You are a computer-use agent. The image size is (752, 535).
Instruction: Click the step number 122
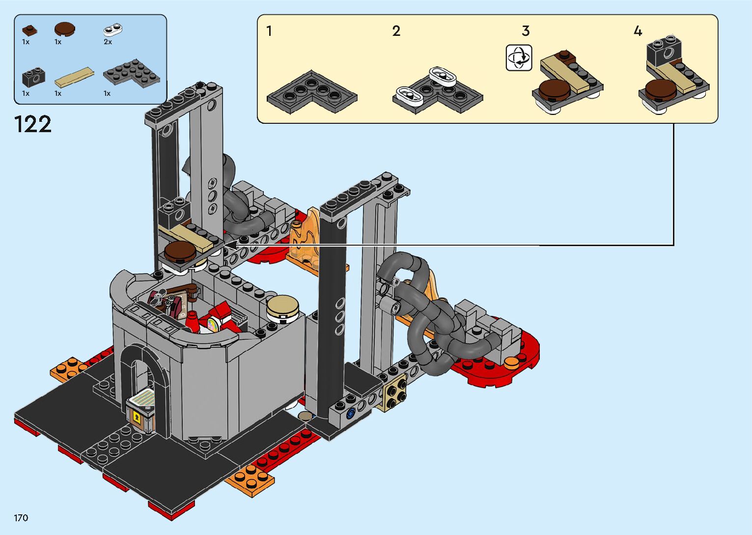[x=33, y=124]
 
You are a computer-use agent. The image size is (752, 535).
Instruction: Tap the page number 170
[x=21, y=518]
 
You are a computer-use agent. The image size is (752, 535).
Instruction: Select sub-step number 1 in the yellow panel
[x=269, y=31]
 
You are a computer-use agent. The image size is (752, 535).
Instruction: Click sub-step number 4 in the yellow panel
[x=638, y=31]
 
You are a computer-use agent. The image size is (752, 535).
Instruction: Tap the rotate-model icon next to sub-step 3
[x=519, y=58]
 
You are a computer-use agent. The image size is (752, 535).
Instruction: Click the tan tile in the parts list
[x=74, y=77]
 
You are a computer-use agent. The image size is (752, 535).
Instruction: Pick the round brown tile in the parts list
[x=64, y=29]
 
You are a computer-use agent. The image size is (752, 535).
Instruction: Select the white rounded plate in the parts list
[x=113, y=29]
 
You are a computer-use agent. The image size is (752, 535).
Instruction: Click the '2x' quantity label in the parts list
[x=108, y=42]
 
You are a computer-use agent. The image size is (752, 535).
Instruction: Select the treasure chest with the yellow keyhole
[x=141, y=414]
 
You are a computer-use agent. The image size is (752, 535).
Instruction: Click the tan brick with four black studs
[x=395, y=392]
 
